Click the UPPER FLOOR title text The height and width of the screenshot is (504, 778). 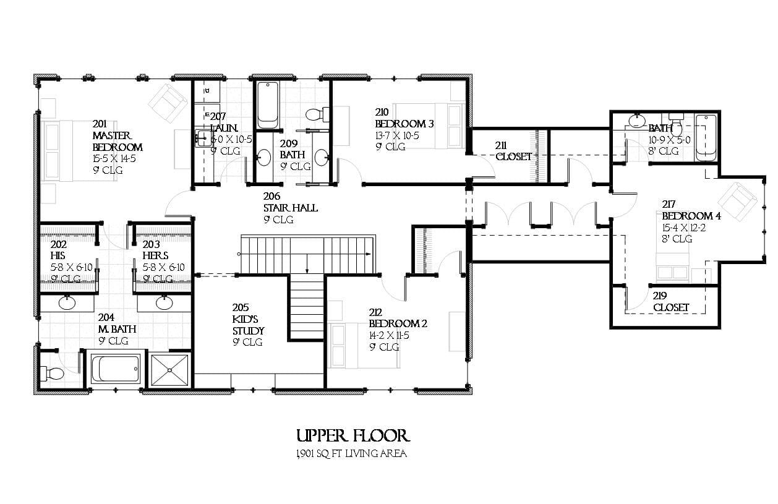353,436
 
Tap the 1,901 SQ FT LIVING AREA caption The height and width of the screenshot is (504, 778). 351,454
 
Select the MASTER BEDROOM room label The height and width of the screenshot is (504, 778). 117,141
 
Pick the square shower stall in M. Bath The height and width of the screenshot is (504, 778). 169,370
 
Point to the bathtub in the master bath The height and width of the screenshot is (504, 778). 116,369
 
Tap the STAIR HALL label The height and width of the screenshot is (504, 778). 291,208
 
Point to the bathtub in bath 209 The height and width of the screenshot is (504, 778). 268,105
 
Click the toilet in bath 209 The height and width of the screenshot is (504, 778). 314,114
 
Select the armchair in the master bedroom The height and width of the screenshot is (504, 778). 168,102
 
